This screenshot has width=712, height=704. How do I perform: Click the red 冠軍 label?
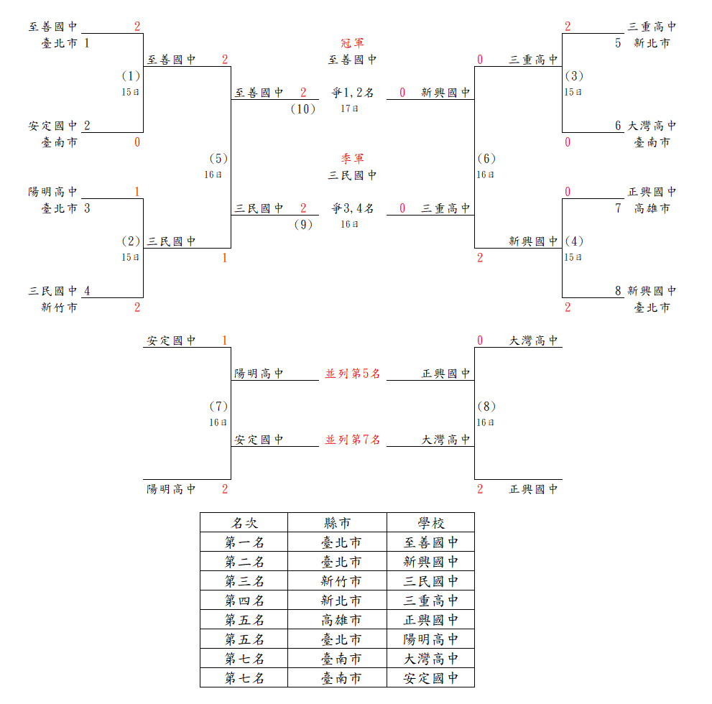(352, 43)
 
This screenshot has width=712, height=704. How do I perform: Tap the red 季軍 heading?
(352, 159)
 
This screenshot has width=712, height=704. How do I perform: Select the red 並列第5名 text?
(352, 374)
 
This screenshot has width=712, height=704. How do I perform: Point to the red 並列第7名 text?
(352, 440)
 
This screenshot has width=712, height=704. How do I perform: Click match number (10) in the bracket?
(303, 109)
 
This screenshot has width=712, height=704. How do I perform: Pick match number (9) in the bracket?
(303, 225)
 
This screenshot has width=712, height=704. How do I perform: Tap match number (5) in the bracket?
(218, 159)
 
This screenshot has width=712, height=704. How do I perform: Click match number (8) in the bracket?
(486, 407)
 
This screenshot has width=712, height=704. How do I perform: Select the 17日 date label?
(349, 109)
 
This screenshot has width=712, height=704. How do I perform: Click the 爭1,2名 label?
(352, 93)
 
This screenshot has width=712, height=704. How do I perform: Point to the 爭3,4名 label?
(352, 208)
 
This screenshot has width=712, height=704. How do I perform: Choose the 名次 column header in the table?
(244, 523)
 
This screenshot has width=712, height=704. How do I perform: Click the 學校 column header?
(431, 523)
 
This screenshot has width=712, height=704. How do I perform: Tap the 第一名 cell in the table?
(244, 542)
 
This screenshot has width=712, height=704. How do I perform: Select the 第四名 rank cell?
(244, 601)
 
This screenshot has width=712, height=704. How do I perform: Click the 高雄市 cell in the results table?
(341, 620)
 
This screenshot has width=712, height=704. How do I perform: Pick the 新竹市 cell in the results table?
(341, 581)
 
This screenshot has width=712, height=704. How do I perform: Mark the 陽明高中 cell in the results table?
(431, 639)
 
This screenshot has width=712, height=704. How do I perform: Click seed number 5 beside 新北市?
(618, 43)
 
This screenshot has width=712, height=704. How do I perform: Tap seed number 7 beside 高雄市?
(618, 208)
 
